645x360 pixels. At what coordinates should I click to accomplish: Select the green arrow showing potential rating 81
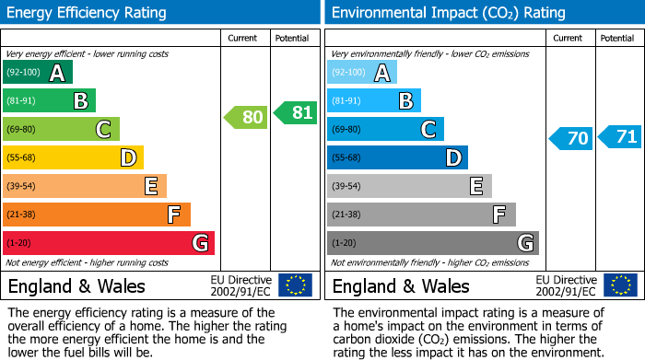tap(295, 112)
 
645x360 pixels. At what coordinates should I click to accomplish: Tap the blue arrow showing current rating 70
tap(570, 139)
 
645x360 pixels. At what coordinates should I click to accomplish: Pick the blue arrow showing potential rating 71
tap(619, 137)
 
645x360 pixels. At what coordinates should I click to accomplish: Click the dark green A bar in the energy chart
tap(38, 73)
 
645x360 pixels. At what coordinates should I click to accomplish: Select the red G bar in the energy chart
tap(109, 243)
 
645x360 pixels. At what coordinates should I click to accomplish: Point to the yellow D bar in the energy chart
tap(73, 158)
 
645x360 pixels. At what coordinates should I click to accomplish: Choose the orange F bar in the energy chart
tap(97, 215)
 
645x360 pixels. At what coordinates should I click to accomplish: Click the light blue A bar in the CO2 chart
tap(362, 73)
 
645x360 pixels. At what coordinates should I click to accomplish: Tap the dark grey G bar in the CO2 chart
tap(432, 243)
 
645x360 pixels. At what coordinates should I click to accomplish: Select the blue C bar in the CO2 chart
tap(385, 130)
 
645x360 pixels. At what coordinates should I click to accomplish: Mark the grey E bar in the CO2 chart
tap(409, 186)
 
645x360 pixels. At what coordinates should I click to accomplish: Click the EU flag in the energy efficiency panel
tap(295, 285)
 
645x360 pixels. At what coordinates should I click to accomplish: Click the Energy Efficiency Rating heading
tap(88, 13)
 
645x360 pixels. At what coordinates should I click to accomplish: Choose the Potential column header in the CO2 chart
tap(617, 38)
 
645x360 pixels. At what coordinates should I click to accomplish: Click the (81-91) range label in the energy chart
tap(22, 101)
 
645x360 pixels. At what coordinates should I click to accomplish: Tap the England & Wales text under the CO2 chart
tap(400, 286)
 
